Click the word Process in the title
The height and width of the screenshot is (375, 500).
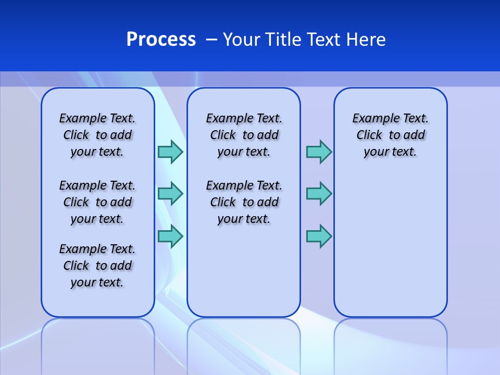coord(161,39)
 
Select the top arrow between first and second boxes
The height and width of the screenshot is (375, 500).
coord(170,152)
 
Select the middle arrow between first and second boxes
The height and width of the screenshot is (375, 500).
coord(170,194)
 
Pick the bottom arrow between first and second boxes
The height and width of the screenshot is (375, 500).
coord(170,236)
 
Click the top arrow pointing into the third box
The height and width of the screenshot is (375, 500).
coord(319,152)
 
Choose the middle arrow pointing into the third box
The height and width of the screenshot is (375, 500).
coord(319,194)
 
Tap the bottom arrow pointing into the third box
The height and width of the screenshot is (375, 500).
coord(319,236)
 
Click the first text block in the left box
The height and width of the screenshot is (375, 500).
coord(97,135)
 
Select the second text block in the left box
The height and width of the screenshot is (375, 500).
coord(97,202)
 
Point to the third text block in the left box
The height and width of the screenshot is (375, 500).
coord(97,266)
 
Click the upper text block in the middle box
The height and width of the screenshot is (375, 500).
coord(244,135)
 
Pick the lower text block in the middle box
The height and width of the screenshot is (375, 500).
coord(244,202)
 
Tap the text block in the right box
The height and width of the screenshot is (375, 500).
coord(390,135)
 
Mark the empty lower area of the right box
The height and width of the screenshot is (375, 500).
coord(390,245)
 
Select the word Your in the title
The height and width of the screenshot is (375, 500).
coord(242,40)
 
